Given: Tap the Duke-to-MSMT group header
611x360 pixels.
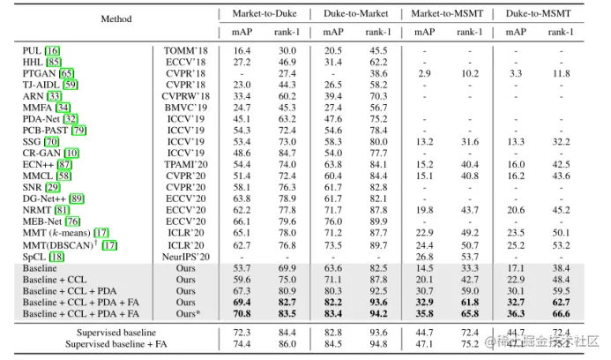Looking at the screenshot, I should point(538,14).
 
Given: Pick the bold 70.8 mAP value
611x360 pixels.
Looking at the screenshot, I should point(242,312).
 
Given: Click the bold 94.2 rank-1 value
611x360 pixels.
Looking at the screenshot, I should point(378,312).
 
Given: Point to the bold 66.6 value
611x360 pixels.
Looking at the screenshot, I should point(559,312).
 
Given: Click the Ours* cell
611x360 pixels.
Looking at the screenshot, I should point(185,312).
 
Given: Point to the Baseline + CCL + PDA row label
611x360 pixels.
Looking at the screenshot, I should point(70,289).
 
